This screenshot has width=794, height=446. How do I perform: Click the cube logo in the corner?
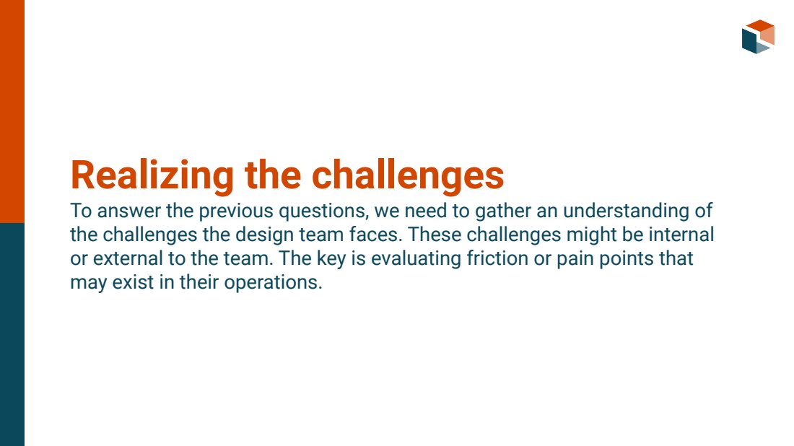pos(758,37)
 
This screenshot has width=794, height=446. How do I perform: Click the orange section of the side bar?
pos(12,111)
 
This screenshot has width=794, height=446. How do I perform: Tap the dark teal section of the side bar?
pos(12,334)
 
